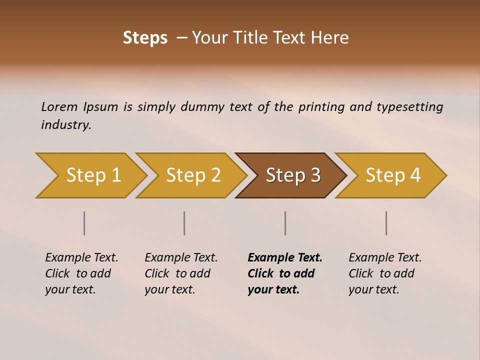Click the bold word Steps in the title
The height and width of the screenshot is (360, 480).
coord(145,38)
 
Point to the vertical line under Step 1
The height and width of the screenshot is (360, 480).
coord(84,223)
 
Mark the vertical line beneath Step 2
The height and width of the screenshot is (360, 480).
coord(184,223)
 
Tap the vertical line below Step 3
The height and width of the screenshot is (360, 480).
coord(285,223)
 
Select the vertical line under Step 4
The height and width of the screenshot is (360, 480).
coord(386,223)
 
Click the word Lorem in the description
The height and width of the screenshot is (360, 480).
coord(59,107)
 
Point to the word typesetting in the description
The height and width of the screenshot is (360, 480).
coord(409,107)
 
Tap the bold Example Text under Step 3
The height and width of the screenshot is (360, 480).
coord(285,258)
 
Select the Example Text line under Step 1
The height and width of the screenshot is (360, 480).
coord(81,258)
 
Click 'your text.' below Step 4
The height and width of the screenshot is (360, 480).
coord(373,290)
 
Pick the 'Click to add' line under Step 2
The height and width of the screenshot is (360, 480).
coord(177,274)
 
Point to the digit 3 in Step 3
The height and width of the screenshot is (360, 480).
coord(315,175)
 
